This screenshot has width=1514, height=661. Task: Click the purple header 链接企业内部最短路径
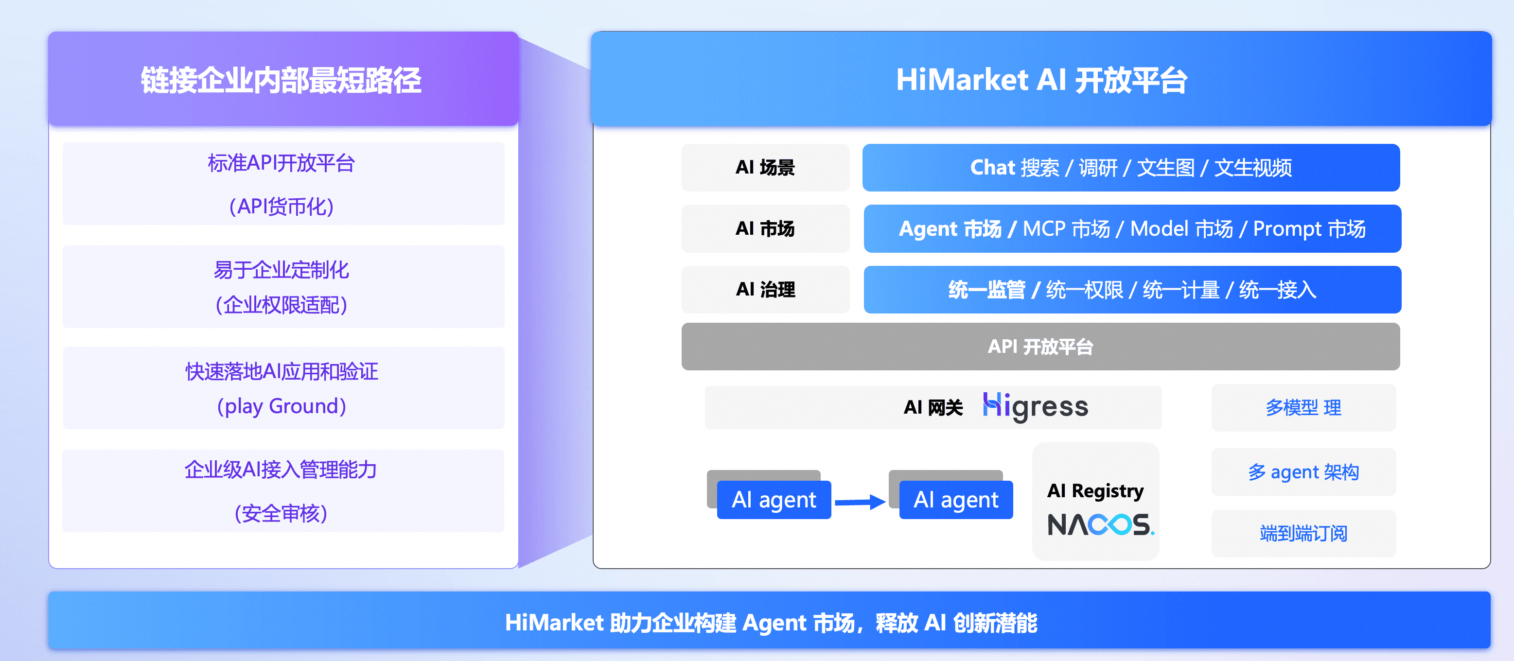(x=282, y=79)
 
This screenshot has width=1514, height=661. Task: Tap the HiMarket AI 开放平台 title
(x=1041, y=79)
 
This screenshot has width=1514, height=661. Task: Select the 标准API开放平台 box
(x=282, y=183)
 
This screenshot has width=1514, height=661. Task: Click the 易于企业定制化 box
(x=282, y=286)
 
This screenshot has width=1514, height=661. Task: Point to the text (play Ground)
(x=282, y=406)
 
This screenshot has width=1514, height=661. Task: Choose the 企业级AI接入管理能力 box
(x=282, y=490)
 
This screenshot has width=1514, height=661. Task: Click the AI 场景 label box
(x=765, y=168)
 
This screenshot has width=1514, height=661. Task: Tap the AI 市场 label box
(x=765, y=228)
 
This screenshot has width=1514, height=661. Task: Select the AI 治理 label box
(x=765, y=289)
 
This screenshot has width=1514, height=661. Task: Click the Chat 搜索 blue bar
(x=1130, y=168)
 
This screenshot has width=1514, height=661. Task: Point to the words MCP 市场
(x=1066, y=228)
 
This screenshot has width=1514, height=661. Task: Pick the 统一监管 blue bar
(x=1131, y=289)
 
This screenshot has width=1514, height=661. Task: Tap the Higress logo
(x=1035, y=407)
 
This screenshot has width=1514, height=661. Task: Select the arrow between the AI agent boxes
(x=859, y=501)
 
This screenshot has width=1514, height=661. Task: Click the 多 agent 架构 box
(x=1303, y=472)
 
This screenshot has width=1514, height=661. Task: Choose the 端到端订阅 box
(x=1303, y=533)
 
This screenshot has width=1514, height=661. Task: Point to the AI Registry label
(x=1095, y=490)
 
